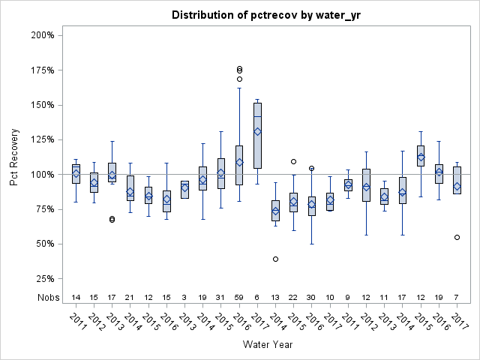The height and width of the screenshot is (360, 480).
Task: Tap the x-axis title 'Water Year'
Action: click(x=268, y=345)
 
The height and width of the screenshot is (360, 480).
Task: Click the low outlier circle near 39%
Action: click(x=275, y=259)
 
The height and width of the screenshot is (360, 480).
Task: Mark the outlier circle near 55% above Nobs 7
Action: click(x=457, y=237)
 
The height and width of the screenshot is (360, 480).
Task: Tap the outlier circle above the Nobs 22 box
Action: click(x=293, y=161)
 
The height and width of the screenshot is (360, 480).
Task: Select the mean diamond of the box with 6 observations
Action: click(x=257, y=131)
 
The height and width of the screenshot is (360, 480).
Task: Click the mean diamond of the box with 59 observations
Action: click(x=239, y=162)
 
